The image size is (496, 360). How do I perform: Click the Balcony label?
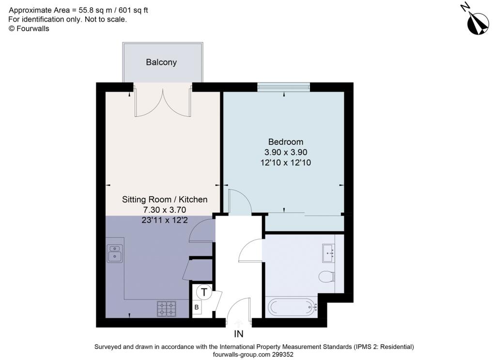161,63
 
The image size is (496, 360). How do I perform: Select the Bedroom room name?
286,141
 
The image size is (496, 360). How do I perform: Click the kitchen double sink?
115,254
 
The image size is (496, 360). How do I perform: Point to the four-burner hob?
167,309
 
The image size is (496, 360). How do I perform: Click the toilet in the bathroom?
327,277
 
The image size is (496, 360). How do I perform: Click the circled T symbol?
204,292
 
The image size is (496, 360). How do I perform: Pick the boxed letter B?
197,307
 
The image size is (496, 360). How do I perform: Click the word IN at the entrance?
239,334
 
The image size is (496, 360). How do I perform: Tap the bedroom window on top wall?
284,87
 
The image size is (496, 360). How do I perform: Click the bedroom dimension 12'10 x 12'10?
286,163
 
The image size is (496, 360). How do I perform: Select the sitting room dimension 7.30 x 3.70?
165,210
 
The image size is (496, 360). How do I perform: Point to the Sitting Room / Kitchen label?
165,200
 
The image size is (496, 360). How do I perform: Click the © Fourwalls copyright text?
29,29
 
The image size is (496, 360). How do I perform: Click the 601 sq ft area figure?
133,11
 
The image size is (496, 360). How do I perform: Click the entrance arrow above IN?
239,323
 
